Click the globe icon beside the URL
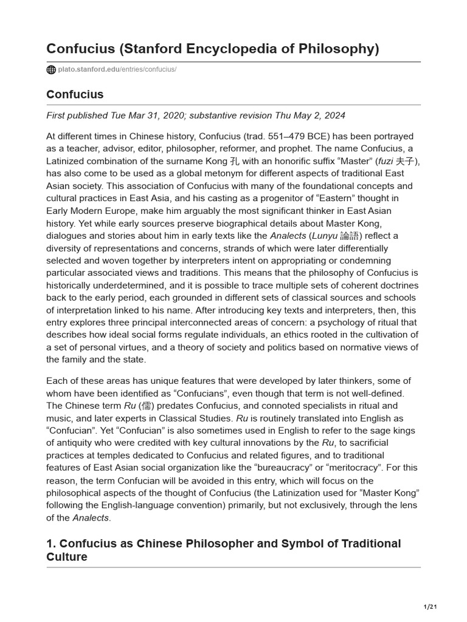click(51, 70)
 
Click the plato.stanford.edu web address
click(117, 70)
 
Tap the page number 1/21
click(430, 607)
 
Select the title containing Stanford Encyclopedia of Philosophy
click(213, 49)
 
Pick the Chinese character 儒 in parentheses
click(146, 406)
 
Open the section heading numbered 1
click(223, 549)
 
